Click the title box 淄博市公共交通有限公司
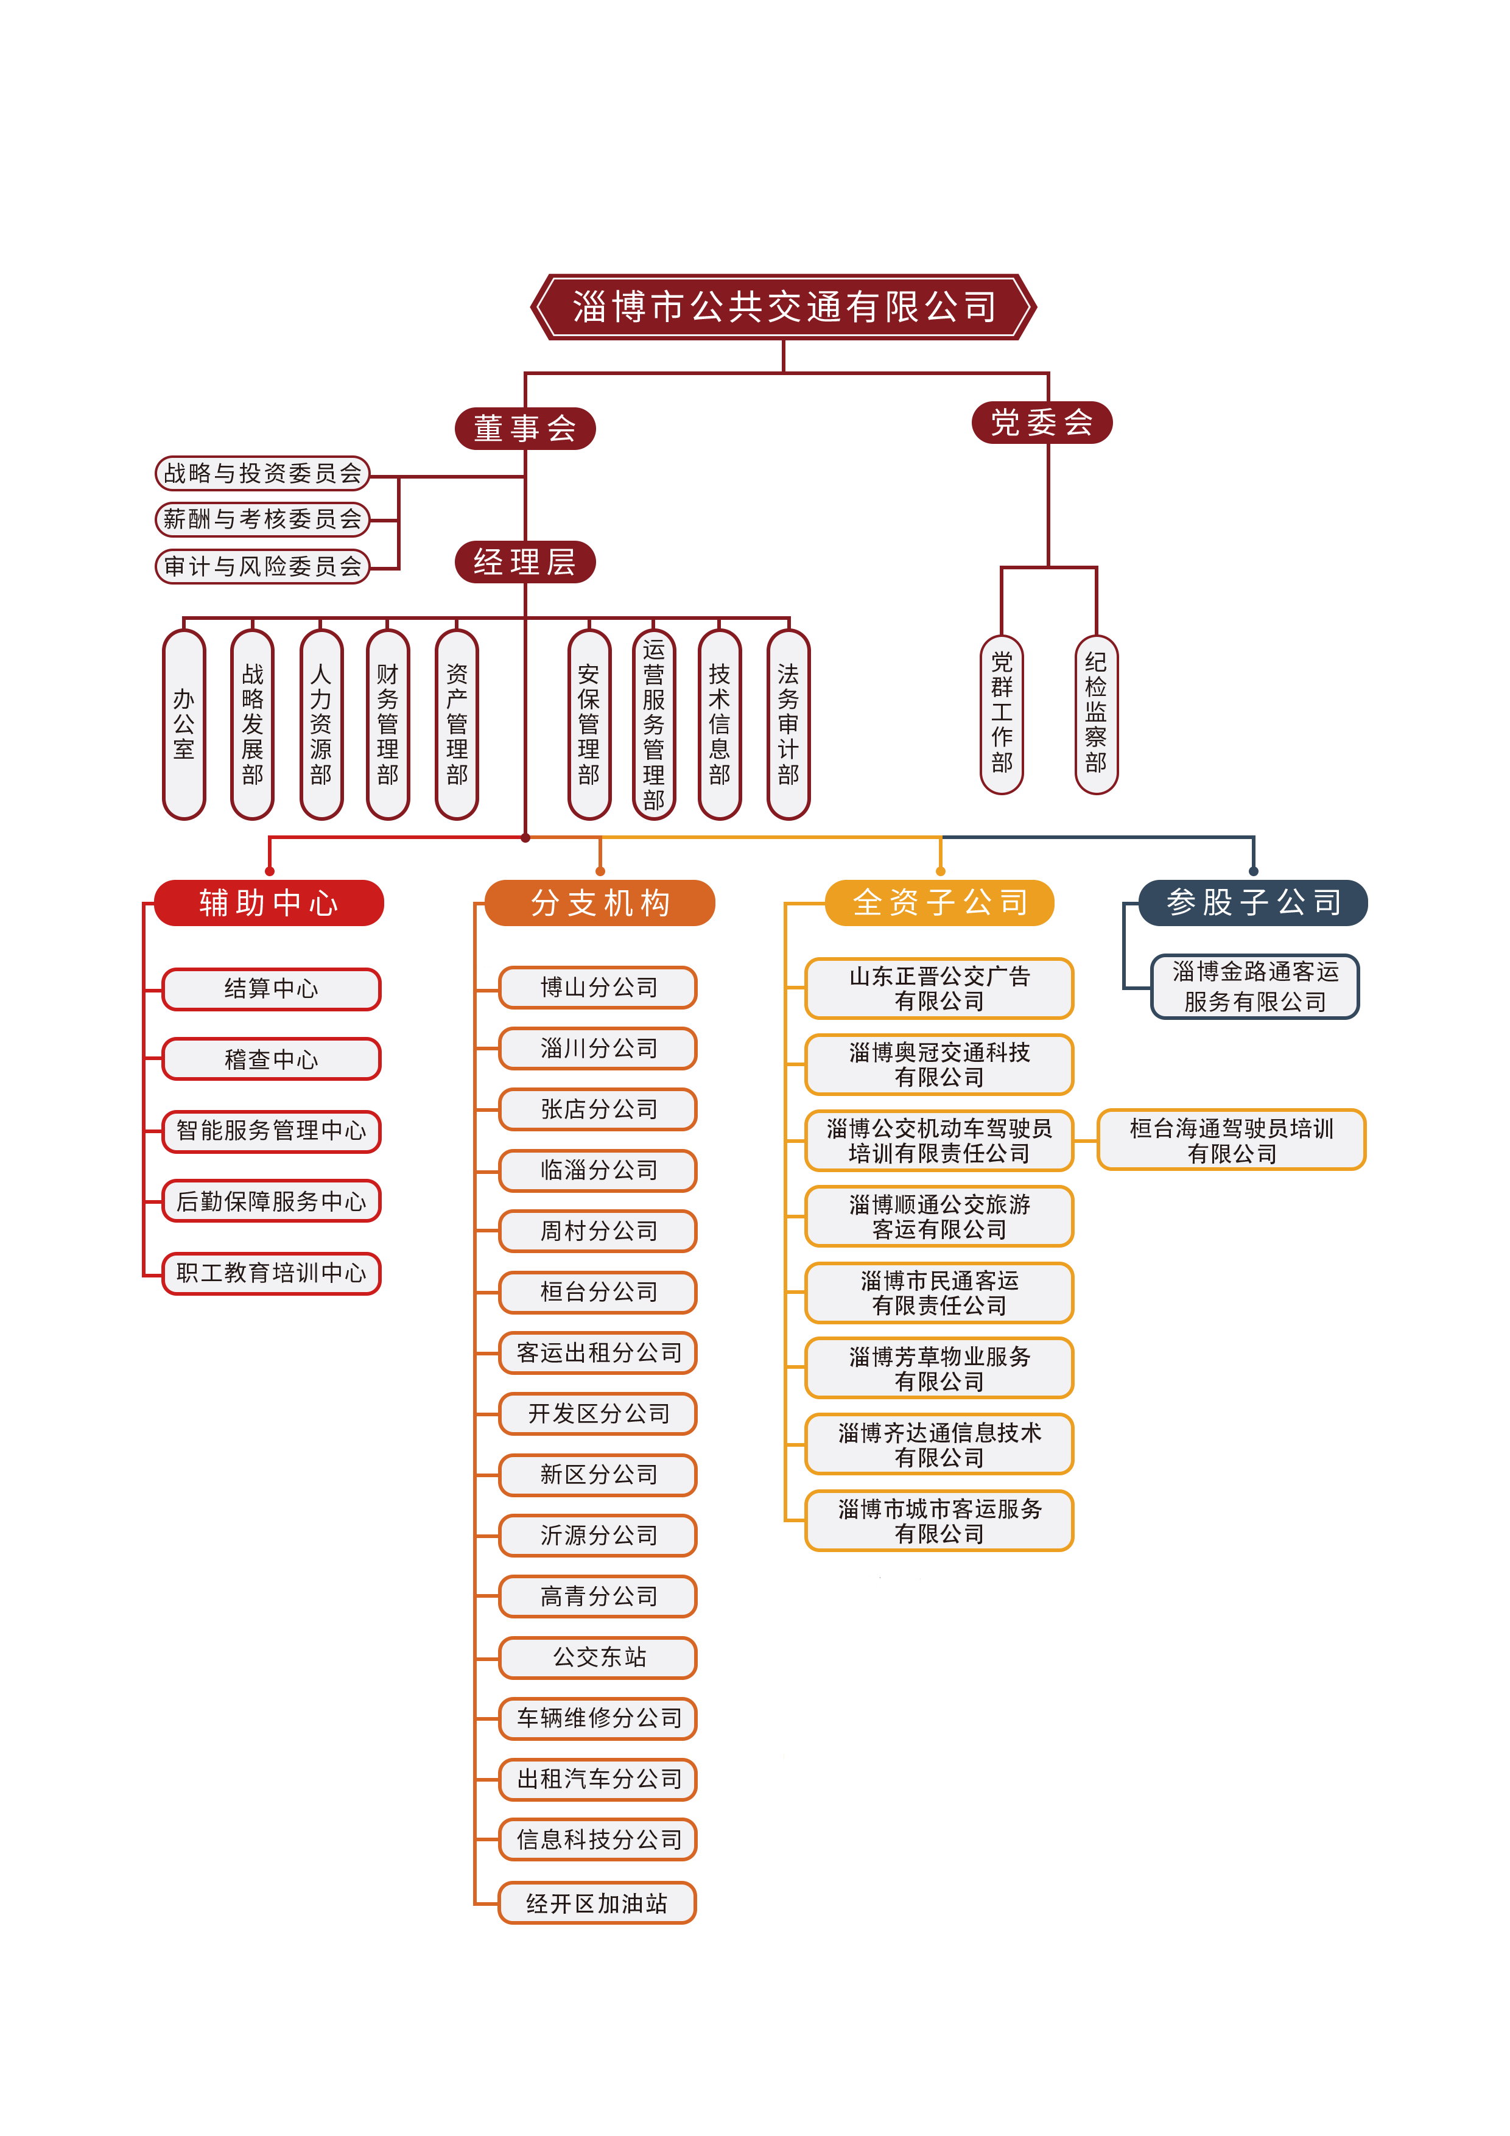pyautogui.click(x=784, y=306)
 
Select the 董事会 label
pyautogui.click(x=524, y=428)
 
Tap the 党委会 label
pyautogui.click(x=1041, y=423)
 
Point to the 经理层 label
pyautogui.click(x=524, y=562)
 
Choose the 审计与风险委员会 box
pyautogui.click(x=262, y=566)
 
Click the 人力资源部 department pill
pyautogui.click(x=321, y=724)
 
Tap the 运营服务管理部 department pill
pyautogui.click(x=654, y=724)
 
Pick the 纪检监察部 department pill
pyautogui.click(x=1096, y=714)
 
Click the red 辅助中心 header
pyautogui.click(x=269, y=902)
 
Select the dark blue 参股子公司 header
pyautogui.click(x=1253, y=902)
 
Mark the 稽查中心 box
pyautogui.click(x=271, y=1059)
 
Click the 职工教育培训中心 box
pyautogui.click(x=271, y=1273)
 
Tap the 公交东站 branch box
pyautogui.click(x=599, y=1657)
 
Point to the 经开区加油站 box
pyautogui.click(x=597, y=1903)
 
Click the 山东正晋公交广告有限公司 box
pyautogui.click(x=939, y=988)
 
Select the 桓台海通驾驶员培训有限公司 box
pyautogui.click(x=1231, y=1140)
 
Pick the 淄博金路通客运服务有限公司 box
pyautogui.click(x=1254, y=986)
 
